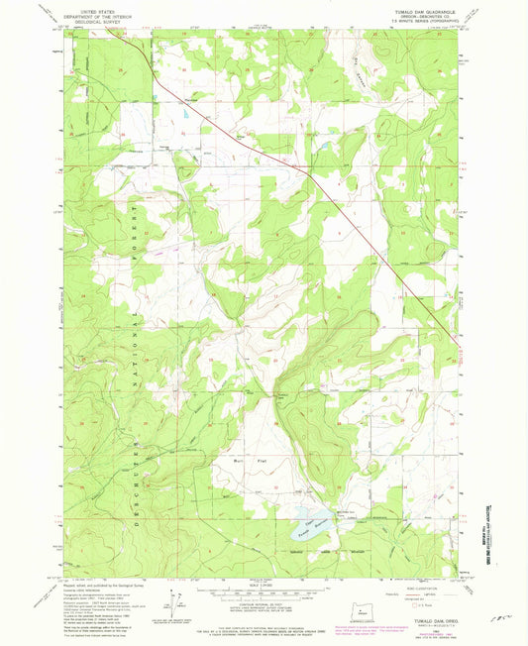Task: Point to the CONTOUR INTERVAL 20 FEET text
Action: [x=264, y=592]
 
